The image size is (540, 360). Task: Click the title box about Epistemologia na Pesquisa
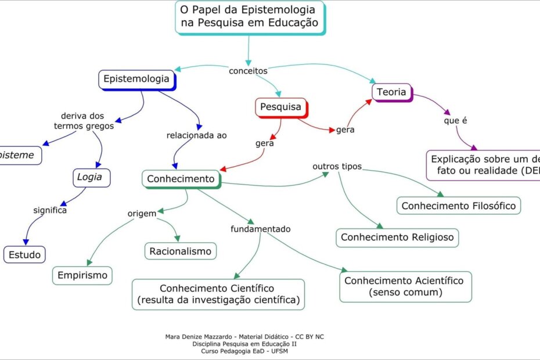coord(249,17)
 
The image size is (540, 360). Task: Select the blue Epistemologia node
coord(136,78)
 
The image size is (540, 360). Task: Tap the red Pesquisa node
coord(280,107)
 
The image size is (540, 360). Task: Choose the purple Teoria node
coord(391,92)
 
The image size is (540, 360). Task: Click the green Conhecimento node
coord(181,179)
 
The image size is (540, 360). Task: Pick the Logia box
coord(89,177)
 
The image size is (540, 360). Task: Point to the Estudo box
coord(24,254)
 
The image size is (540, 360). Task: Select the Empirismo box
coord(82,275)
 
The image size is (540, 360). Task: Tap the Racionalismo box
coord(180,251)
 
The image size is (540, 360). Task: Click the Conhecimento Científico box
coord(218,294)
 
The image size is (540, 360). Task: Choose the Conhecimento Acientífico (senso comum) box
coord(405,286)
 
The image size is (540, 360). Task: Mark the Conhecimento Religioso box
coord(397,237)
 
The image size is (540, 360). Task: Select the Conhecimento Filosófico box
coord(459,206)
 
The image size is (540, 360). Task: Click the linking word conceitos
coord(248,71)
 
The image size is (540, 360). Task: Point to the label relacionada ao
coord(196,135)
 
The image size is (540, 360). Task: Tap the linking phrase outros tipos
coord(337,167)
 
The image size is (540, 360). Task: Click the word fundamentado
coord(260,229)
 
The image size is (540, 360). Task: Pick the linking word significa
coord(50,210)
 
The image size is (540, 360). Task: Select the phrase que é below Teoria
coord(455,121)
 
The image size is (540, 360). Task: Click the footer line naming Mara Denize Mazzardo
coord(249,337)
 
